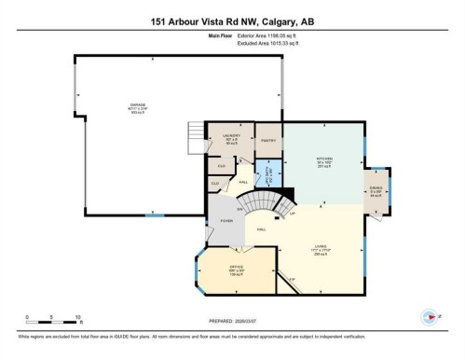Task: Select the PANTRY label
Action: click(267, 141)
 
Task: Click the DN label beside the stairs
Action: click(240, 209)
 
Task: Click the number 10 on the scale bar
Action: click(78, 317)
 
